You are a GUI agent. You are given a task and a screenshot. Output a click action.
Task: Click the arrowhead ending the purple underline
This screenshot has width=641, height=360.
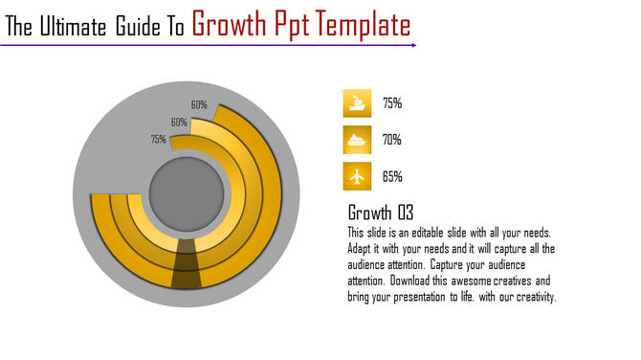(412, 45)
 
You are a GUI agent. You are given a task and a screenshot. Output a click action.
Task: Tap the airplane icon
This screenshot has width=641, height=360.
(357, 176)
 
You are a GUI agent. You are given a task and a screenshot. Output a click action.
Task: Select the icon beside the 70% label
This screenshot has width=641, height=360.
(357, 140)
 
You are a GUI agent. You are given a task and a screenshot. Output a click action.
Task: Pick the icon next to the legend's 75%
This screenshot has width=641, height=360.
(357, 103)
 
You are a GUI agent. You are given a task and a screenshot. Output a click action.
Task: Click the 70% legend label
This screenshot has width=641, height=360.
(391, 140)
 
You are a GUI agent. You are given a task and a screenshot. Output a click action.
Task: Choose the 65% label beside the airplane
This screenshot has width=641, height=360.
(391, 176)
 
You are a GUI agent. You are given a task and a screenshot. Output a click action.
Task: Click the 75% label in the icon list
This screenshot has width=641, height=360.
(391, 103)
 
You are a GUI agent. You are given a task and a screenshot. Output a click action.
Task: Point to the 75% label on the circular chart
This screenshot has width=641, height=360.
(158, 139)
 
